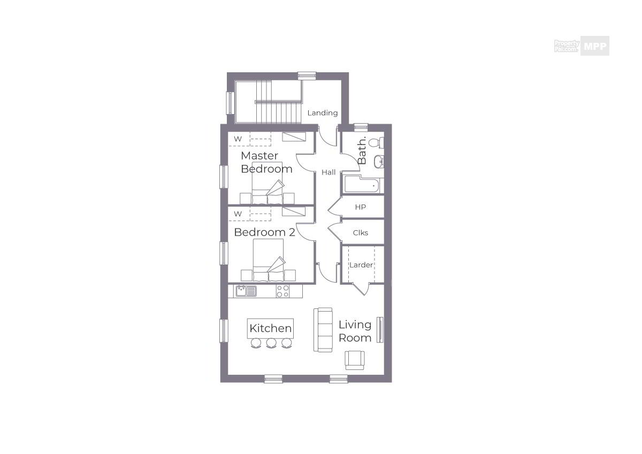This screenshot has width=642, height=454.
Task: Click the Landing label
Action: (x=323, y=113)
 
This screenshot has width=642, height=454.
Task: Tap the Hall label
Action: (x=328, y=172)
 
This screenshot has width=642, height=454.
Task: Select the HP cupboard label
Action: (x=360, y=207)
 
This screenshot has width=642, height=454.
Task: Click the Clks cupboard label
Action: (x=360, y=232)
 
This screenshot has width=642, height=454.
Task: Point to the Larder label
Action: (x=361, y=264)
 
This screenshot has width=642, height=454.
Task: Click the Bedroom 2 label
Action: (x=264, y=232)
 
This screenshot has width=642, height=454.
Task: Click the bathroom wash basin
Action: (x=379, y=162)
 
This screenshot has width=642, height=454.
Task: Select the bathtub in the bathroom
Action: (x=362, y=184)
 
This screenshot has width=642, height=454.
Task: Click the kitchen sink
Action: (x=246, y=291)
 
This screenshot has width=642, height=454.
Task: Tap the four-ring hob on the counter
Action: (x=282, y=291)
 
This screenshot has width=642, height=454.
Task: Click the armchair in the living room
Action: (x=355, y=360)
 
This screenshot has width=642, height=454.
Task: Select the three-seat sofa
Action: (x=323, y=330)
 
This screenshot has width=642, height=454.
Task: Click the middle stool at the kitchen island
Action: (x=271, y=343)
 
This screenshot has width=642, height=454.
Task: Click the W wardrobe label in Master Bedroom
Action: (x=238, y=139)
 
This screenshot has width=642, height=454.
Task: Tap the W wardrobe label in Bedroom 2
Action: (x=238, y=214)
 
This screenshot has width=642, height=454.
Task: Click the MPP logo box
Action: (x=595, y=46)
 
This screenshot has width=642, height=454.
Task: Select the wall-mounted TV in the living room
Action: (x=380, y=330)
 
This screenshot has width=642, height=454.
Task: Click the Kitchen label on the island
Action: (x=271, y=328)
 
